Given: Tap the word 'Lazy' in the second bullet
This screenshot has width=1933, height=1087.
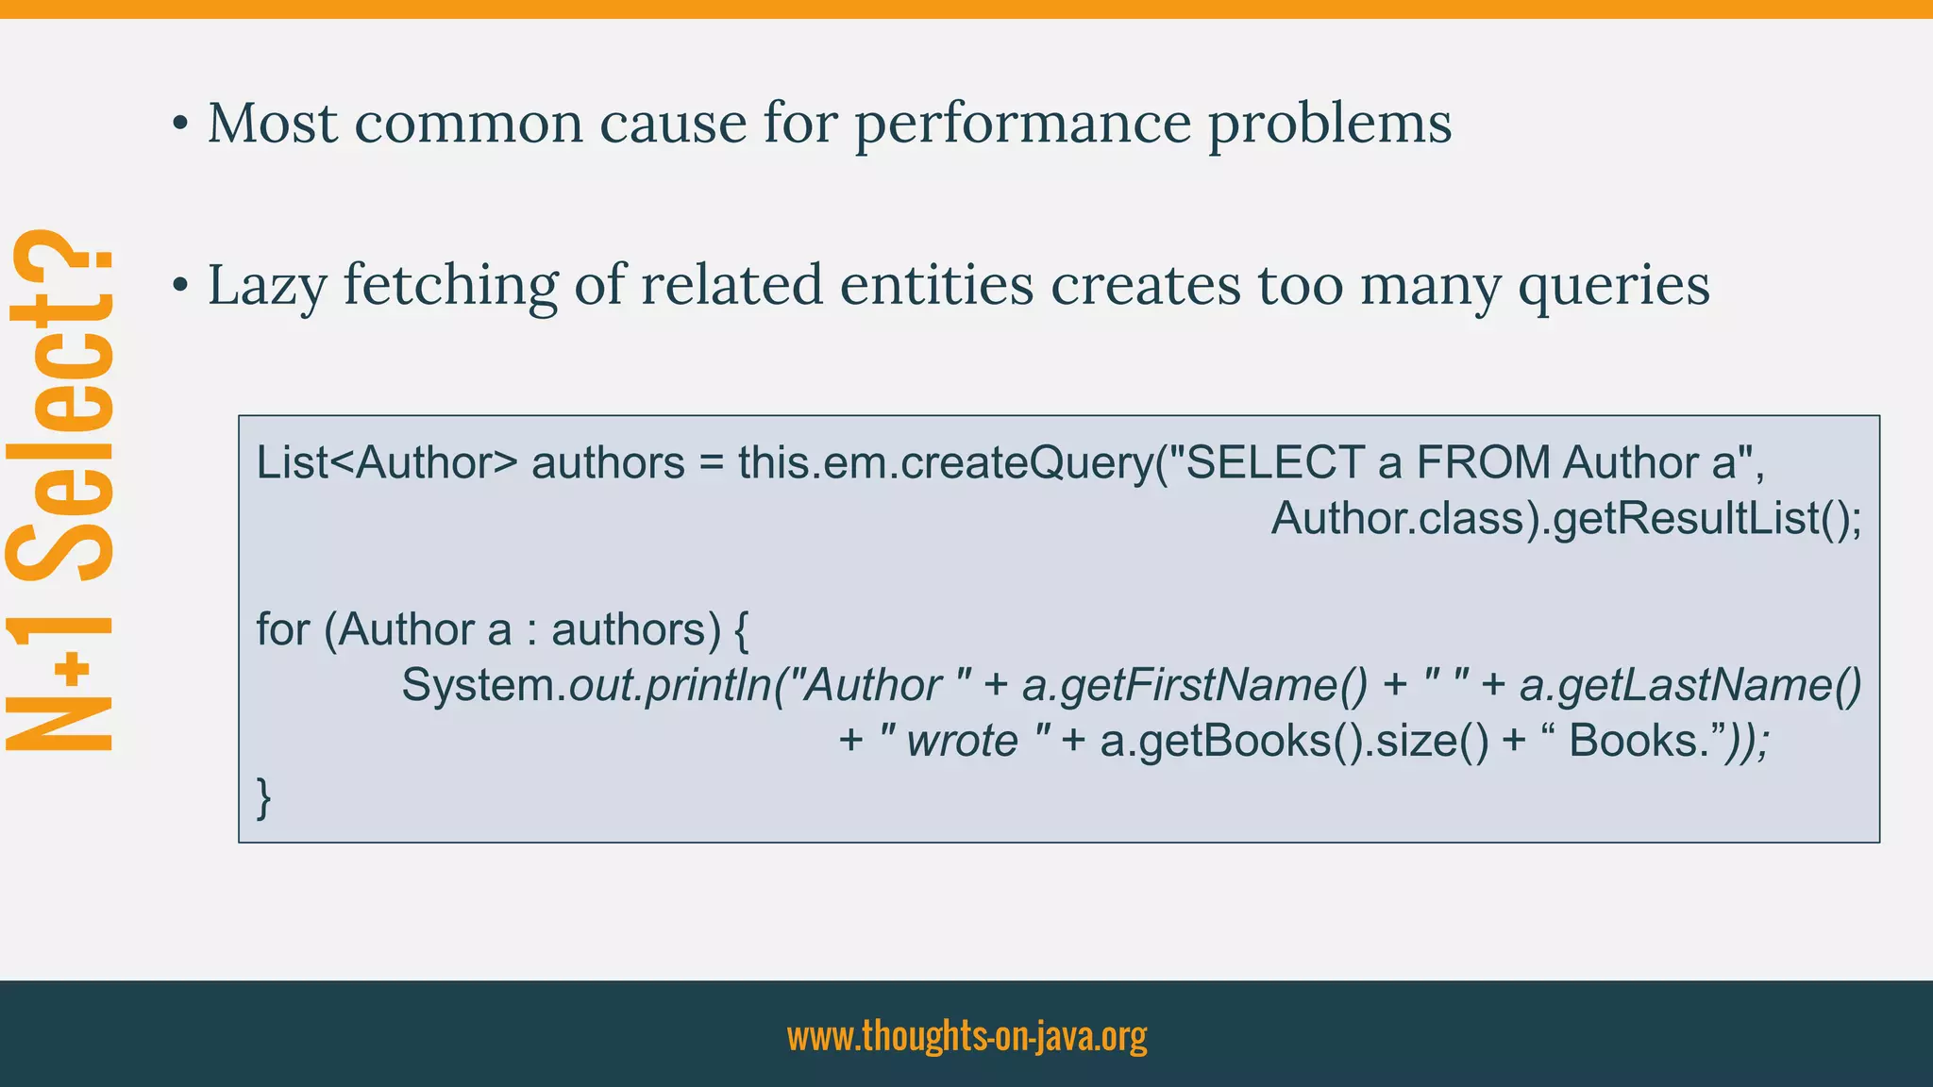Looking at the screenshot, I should pos(266,285).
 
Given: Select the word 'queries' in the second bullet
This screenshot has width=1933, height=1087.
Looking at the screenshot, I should pos(1613,285).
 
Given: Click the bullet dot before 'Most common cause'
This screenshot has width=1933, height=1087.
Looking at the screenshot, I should pos(180,125).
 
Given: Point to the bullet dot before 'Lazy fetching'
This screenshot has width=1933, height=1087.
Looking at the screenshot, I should pos(180,286).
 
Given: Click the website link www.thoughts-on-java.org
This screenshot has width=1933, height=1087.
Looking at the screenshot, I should pos(966,1035).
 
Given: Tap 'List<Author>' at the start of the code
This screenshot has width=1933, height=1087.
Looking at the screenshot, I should pos(387,462).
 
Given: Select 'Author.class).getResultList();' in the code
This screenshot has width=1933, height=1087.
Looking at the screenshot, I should pos(1566,518).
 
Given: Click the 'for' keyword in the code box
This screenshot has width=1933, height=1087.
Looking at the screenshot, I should pos(282,629).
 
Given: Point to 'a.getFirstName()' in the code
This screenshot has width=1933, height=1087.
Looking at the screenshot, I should pos(1194,685).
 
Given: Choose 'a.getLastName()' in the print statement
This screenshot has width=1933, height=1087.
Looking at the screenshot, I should pos(1690,685).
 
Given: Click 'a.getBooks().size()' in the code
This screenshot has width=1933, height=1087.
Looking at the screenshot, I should pos(1294,741).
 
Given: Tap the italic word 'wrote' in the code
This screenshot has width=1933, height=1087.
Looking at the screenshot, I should pos(962,741).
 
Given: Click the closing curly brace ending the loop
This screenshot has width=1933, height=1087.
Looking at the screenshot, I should pos(264,796).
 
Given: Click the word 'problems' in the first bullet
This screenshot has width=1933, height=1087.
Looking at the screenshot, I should pos(1330,124).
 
